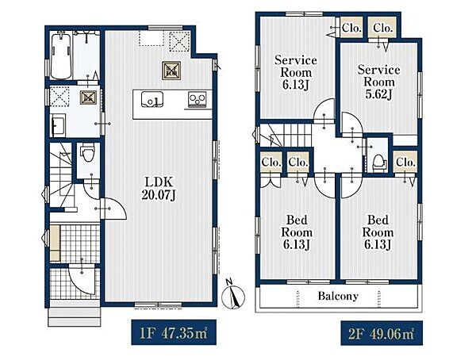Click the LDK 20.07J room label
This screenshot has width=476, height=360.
159,189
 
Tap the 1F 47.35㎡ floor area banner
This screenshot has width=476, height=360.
174,332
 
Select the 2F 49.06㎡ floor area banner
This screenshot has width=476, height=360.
382,333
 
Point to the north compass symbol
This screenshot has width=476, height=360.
233,294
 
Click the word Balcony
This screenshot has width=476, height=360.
338,296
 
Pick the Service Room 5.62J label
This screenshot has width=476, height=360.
378,82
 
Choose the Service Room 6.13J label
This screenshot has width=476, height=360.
296,72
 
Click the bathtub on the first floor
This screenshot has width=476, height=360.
61,56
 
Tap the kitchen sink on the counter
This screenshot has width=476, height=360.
152,100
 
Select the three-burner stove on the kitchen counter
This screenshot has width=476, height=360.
197,100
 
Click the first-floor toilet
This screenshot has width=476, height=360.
88,154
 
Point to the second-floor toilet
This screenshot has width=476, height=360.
379,163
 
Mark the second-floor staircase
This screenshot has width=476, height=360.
286,136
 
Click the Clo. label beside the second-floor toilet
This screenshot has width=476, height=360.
405,163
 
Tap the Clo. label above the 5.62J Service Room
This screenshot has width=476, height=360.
382,29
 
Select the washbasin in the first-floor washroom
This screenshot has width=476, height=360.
58,125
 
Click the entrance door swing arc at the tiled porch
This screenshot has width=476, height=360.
82,280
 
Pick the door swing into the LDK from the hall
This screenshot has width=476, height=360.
114,209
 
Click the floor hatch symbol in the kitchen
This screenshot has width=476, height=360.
171,71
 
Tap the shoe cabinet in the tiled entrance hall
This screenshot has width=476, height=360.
55,243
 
